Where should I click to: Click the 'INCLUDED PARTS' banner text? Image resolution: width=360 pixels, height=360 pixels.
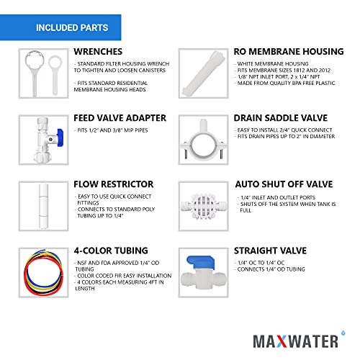[x=72, y=29]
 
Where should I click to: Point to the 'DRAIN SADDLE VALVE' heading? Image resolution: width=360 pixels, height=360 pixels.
[x=284, y=117]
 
